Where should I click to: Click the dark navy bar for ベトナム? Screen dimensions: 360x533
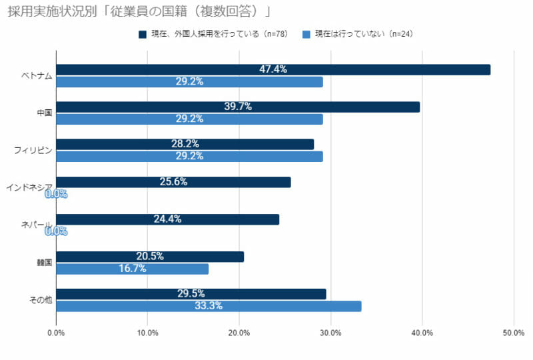[273, 69]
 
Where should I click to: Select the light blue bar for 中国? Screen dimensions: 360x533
[189, 119]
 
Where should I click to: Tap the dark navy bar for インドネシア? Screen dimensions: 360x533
[173, 182]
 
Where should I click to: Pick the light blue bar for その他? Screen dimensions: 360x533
[209, 307]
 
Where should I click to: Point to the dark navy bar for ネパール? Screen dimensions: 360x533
[167, 219]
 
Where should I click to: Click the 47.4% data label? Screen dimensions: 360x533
[273, 69]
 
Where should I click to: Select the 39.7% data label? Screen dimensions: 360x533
[238, 107]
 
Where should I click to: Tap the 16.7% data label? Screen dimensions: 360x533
[132, 269]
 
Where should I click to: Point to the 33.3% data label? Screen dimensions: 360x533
[209, 307]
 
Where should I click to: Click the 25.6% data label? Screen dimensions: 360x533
[173, 182]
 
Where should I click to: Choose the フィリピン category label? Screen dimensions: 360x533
[33, 150]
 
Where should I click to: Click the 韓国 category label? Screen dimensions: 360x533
[45, 262]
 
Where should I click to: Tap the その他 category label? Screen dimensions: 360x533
[41, 300]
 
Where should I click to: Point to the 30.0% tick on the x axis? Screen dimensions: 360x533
[330, 333]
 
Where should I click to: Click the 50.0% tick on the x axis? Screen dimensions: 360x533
[513, 333]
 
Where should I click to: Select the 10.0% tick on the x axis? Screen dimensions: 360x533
[148, 333]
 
